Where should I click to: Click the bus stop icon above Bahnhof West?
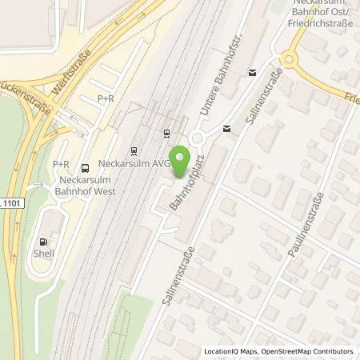[85, 167]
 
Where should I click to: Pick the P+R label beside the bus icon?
[62, 164]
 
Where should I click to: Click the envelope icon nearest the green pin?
[226, 128]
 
